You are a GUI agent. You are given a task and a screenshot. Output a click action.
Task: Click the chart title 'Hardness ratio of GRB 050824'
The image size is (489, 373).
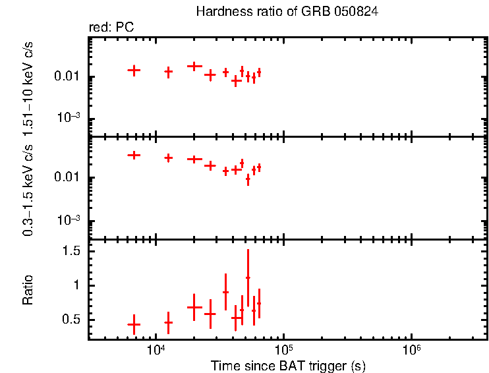[287, 13]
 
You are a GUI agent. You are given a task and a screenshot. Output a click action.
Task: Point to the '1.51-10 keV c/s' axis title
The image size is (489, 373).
[28, 86]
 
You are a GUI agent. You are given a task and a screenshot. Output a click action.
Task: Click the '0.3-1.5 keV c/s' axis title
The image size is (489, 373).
[28, 188]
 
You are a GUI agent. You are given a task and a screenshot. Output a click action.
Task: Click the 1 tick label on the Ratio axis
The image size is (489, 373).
[77, 285]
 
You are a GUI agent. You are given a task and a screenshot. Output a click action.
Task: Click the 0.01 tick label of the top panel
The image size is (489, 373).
[68, 77]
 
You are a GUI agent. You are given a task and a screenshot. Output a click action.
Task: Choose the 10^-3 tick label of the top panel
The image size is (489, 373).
[68, 119]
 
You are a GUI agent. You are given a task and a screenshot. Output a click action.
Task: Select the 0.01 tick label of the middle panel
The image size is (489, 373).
[68, 178]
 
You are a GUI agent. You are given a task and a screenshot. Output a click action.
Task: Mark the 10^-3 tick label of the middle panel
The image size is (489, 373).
[68, 221]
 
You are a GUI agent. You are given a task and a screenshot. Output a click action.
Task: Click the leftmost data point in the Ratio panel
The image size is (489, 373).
[134, 324]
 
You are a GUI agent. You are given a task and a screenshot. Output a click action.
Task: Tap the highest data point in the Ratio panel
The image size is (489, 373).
[248, 277]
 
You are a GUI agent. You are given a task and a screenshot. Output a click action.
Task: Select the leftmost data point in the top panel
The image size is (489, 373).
[134, 70]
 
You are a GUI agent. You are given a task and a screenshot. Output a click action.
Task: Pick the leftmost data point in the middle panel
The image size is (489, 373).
[134, 155]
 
